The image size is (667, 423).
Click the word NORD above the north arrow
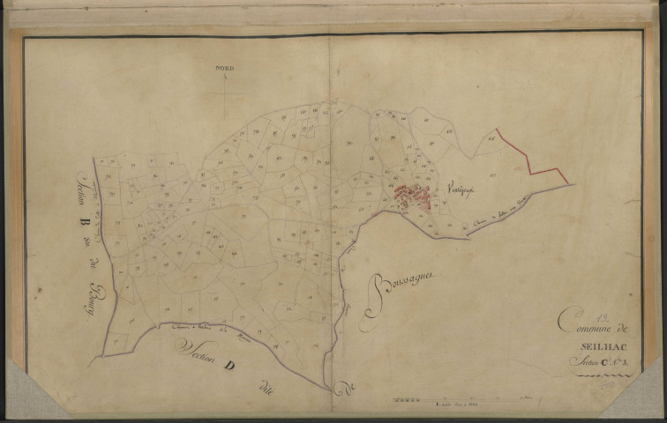point(224,67)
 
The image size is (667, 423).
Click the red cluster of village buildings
point(412,197)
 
